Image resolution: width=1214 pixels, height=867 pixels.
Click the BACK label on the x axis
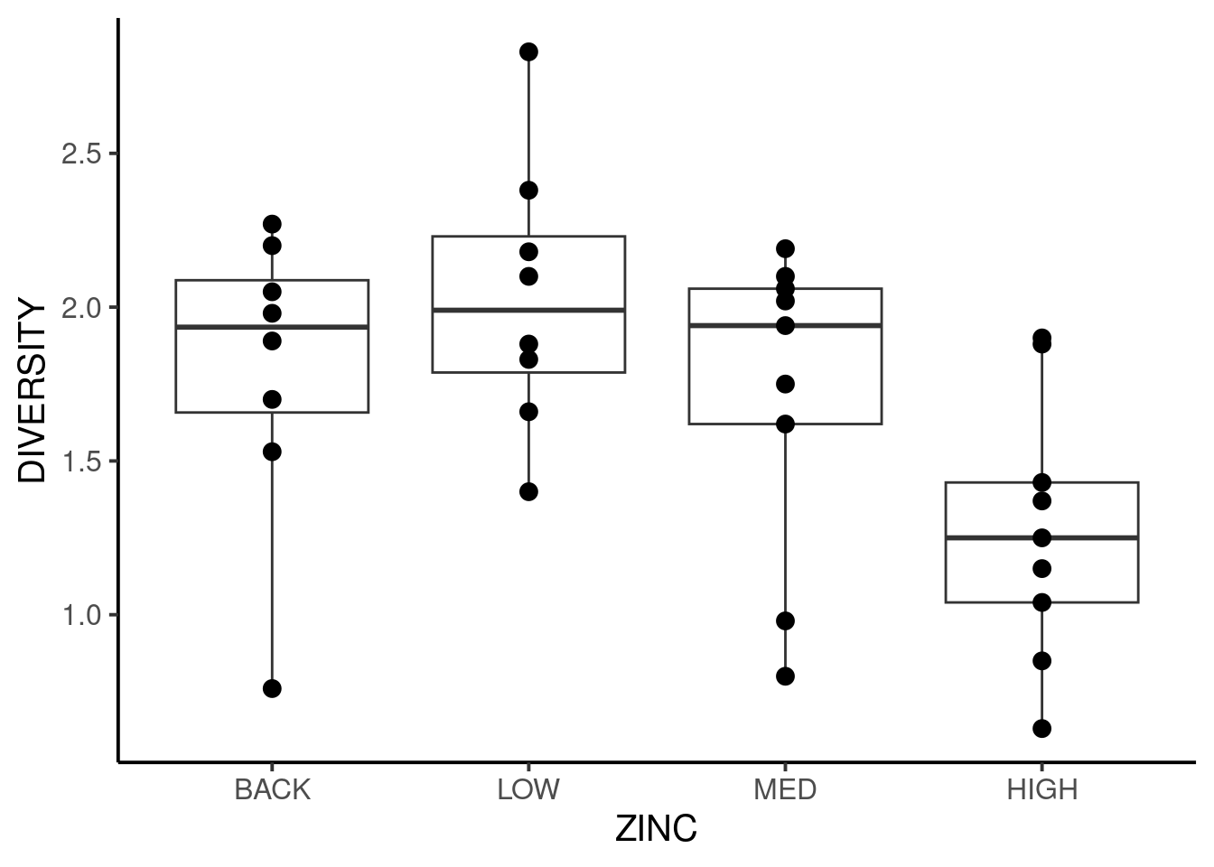[272, 790]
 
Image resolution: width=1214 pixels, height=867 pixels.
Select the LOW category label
[528, 790]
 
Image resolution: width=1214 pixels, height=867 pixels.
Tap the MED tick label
[785, 790]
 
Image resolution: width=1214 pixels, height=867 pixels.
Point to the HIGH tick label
[1041, 790]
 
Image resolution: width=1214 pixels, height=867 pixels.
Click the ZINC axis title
[656, 829]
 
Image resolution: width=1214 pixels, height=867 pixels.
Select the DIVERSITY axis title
[33, 392]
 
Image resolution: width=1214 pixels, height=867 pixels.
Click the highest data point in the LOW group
[528, 52]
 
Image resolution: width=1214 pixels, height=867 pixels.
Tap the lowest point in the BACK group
[272, 688]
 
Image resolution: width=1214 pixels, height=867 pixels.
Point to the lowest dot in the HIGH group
[1041, 728]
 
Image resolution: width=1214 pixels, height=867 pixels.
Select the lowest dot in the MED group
[785, 676]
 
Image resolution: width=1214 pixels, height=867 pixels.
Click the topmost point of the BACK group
[272, 224]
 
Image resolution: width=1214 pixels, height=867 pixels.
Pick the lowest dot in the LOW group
[528, 491]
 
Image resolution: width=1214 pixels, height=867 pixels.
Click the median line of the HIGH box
[1041, 537]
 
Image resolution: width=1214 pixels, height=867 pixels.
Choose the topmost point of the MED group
[785, 248]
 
